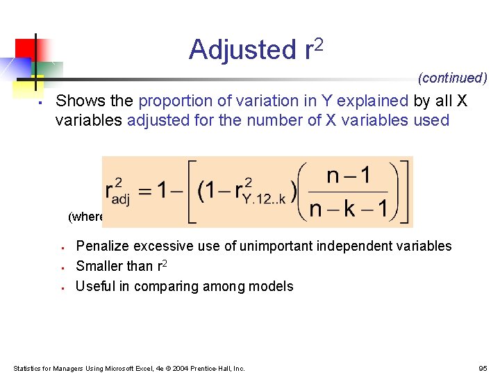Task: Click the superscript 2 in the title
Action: tap(319, 44)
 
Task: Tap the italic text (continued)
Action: tap(453, 78)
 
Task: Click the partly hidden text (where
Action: tap(85, 217)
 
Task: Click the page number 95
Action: tap(483, 368)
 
